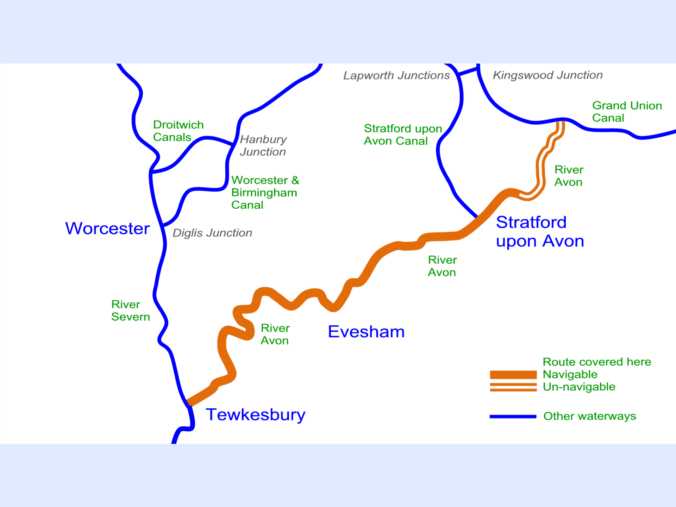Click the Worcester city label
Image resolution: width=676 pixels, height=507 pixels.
click(107, 229)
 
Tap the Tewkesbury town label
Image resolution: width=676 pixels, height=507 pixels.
click(255, 414)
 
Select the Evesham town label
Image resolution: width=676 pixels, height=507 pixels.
click(366, 332)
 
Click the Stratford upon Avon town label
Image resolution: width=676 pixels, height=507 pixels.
click(539, 232)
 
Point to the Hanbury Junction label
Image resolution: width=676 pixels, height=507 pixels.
click(263, 145)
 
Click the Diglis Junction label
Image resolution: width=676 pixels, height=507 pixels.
click(212, 233)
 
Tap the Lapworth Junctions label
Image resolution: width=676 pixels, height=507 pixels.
click(396, 75)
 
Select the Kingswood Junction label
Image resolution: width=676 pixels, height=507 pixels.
click(547, 75)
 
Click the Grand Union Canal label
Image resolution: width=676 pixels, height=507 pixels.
click(627, 112)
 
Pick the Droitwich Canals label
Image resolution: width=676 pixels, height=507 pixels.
click(178, 131)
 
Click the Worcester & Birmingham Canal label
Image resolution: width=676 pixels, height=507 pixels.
click(265, 192)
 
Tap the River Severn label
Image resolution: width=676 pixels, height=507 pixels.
click(130, 311)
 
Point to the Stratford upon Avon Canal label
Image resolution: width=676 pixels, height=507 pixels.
click(403, 134)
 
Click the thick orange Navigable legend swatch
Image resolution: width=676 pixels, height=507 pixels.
click(513, 375)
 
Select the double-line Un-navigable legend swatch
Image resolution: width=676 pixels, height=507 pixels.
click(513, 387)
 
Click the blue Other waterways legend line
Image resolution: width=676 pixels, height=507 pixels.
click(513, 417)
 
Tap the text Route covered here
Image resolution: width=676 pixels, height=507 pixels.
click(597, 362)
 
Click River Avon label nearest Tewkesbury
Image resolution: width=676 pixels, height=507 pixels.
click(275, 334)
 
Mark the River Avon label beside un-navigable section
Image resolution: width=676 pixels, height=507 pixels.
click(569, 176)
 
